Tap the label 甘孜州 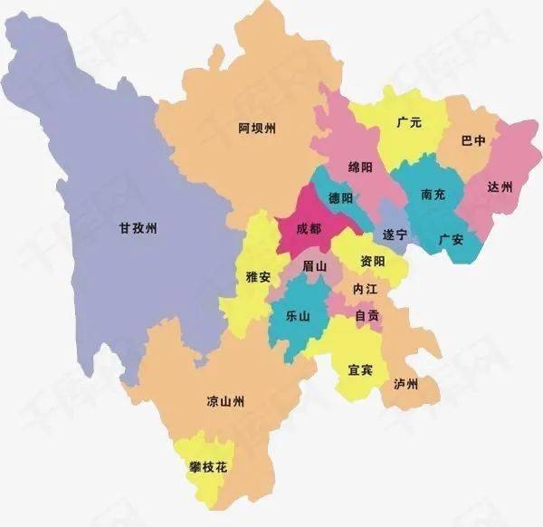(x=138, y=229)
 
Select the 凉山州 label (x=225, y=401)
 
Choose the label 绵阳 (x=360, y=167)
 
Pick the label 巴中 (x=473, y=141)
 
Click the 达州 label (x=500, y=187)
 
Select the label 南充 (x=433, y=195)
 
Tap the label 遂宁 (x=395, y=235)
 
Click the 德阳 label (x=340, y=197)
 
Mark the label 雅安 (x=259, y=277)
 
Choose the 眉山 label (x=314, y=265)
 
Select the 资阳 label (x=372, y=261)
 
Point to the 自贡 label (x=368, y=316)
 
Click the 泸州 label (x=406, y=384)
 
